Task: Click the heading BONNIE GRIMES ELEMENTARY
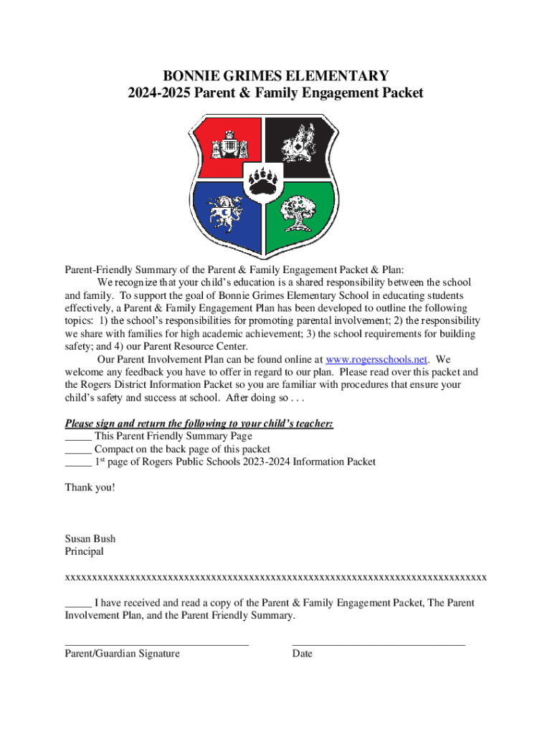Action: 276,76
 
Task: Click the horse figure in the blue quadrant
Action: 227,213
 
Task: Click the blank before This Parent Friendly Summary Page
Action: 77,437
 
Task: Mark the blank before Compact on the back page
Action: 77,449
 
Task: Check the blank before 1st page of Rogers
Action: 77,462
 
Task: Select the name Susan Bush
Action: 90,539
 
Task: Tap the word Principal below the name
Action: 84,552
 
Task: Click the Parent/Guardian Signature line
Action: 156,644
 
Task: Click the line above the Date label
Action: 379,644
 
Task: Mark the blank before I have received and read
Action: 77,604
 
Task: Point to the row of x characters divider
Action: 275,577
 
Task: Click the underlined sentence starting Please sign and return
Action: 199,424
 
